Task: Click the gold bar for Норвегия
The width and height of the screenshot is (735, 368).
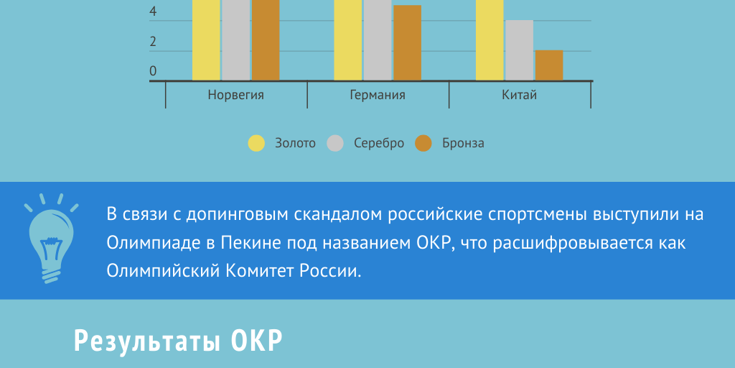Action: (206, 40)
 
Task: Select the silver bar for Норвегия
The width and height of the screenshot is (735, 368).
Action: (235, 40)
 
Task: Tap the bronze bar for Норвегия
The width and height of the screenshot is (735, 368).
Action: (266, 40)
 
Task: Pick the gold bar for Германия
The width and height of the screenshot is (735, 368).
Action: (348, 40)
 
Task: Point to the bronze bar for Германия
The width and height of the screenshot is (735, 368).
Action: (408, 42)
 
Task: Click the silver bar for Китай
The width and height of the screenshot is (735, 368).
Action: (520, 50)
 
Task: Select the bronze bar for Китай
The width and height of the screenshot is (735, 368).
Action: (549, 65)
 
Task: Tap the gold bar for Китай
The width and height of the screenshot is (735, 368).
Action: (490, 40)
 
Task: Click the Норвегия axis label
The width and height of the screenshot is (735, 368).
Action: (235, 96)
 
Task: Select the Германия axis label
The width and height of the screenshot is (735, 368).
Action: (378, 96)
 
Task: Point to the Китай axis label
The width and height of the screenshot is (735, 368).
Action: (520, 95)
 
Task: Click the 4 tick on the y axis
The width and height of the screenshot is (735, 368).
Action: (153, 12)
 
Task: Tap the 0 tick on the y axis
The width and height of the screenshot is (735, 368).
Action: (153, 71)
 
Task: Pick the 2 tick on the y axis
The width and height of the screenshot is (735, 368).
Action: (153, 42)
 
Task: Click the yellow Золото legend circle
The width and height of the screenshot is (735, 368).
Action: (256, 143)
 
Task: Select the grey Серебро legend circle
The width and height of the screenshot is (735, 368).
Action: (335, 143)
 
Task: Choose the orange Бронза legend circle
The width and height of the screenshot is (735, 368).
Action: (423, 143)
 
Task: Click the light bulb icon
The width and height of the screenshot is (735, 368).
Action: (51, 239)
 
